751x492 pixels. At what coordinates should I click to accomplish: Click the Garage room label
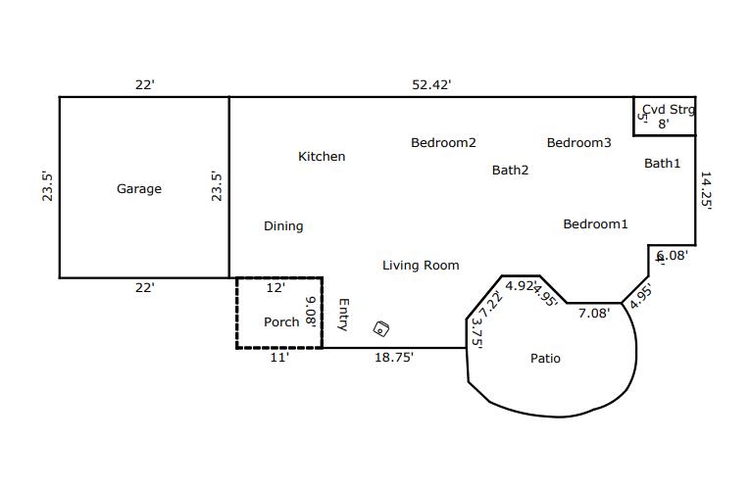click(x=139, y=189)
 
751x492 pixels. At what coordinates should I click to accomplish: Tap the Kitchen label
click(x=322, y=157)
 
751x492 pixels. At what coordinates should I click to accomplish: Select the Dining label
click(x=283, y=226)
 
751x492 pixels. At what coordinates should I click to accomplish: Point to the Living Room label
click(x=421, y=266)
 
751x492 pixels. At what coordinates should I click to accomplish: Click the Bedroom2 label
click(x=443, y=143)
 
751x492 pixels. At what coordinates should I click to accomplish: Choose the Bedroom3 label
click(x=578, y=143)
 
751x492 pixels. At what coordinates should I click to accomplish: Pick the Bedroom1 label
click(x=595, y=224)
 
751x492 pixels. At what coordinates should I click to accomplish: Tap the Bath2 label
click(x=510, y=171)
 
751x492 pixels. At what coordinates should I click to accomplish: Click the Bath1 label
click(x=662, y=164)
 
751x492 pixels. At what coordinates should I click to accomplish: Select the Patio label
click(x=545, y=359)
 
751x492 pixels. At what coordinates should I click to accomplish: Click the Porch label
click(x=281, y=322)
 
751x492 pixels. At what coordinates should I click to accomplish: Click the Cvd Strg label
click(x=668, y=110)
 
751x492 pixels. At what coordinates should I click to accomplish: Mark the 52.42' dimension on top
click(x=431, y=85)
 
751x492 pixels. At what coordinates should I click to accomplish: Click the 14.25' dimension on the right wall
click(x=705, y=191)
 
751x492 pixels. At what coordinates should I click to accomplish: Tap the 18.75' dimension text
click(x=394, y=358)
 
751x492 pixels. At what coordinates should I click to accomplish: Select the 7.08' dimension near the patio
click(x=593, y=314)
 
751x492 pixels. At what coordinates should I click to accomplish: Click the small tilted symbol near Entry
click(x=381, y=329)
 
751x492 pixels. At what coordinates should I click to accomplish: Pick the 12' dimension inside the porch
click(x=275, y=288)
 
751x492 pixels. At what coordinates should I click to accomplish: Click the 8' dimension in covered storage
click(x=663, y=124)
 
